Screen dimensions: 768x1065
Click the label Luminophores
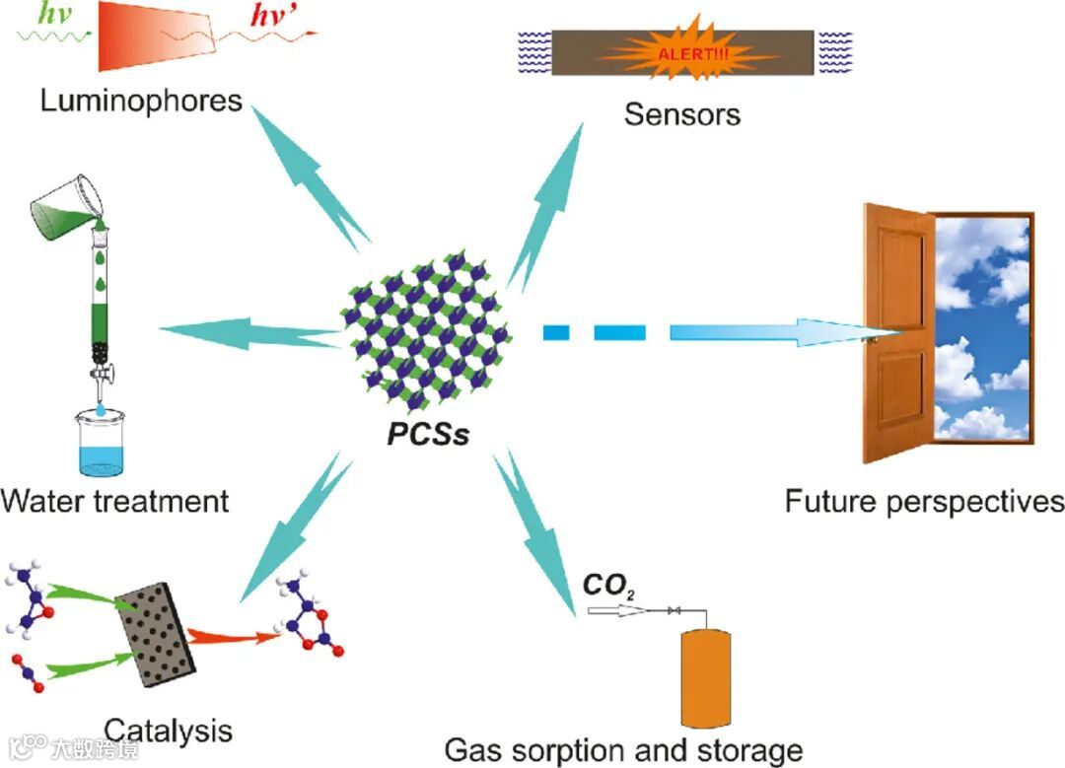[x=141, y=101]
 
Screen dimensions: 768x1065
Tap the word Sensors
[x=681, y=114]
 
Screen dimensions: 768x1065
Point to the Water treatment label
[x=114, y=500]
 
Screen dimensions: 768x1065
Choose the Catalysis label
[x=168, y=731]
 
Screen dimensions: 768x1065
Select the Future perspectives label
[x=924, y=502]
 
